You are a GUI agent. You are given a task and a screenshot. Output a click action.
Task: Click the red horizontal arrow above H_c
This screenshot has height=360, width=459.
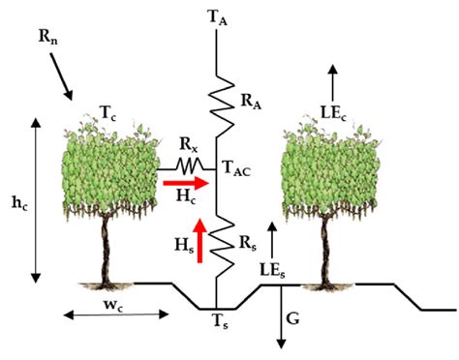coord(183,181)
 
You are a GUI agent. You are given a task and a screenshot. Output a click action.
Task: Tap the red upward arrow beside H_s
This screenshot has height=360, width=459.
coord(200,240)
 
